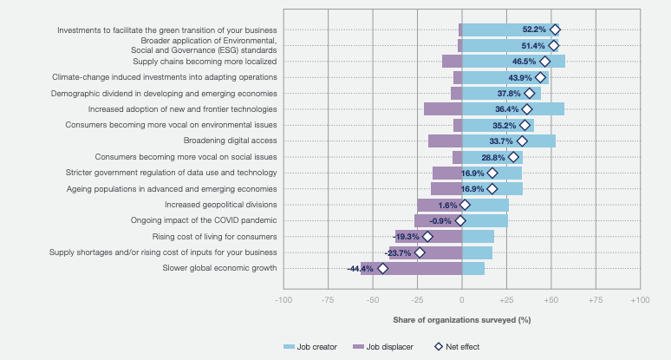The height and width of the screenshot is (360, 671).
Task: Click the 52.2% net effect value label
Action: [x=534, y=29]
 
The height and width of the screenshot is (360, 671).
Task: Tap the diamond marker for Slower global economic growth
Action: [x=383, y=268]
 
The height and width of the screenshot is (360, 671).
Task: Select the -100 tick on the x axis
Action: [x=283, y=298]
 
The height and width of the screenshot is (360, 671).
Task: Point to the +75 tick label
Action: [x=596, y=298]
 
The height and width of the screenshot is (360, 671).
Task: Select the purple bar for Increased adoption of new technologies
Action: [x=442, y=109]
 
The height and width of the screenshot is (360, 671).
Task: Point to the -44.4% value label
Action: [x=360, y=269]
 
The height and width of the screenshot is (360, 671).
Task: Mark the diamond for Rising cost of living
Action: [x=427, y=236]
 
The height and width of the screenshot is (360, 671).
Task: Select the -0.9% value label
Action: [x=441, y=220]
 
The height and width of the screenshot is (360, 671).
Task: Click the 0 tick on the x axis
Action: [x=462, y=298]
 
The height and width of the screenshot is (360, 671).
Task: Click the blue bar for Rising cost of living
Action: [x=478, y=236]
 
